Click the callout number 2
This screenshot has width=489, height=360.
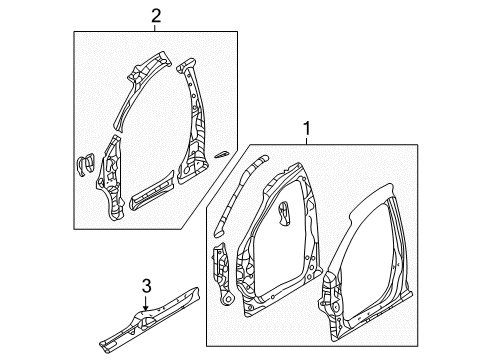point(155,14)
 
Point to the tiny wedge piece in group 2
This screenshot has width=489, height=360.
point(222,154)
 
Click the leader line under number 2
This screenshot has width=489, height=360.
point(155,28)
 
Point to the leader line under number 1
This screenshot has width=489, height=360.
point(306,139)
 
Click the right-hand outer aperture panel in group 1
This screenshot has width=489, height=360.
point(385,250)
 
